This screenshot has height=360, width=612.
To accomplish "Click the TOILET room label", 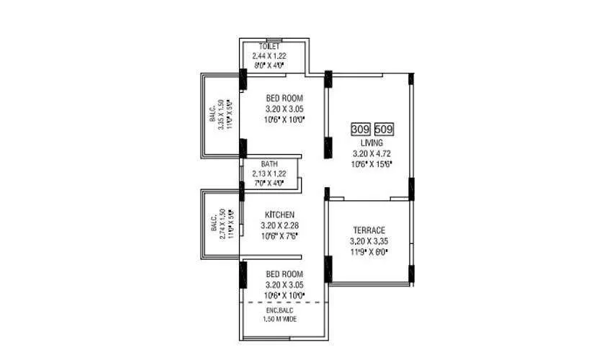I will tap(270, 47).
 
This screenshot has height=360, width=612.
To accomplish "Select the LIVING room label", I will tap(372, 143).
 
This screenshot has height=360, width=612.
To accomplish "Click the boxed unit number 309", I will tap(360, 130).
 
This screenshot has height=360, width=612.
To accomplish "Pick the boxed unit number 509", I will tap(384, 130).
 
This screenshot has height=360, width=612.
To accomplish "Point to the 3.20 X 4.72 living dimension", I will tap(372, 153).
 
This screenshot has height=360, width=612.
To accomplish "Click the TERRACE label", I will tap(369, 230).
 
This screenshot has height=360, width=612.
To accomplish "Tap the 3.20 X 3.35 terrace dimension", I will tap(369, 241).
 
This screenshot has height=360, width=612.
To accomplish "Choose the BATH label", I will tap(269, 164).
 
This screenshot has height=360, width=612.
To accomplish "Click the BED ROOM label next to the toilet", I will tap(284, 99).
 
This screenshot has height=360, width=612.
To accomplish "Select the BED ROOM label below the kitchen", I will tap(284, 275).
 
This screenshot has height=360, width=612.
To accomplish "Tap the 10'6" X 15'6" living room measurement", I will tap(372, 164).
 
